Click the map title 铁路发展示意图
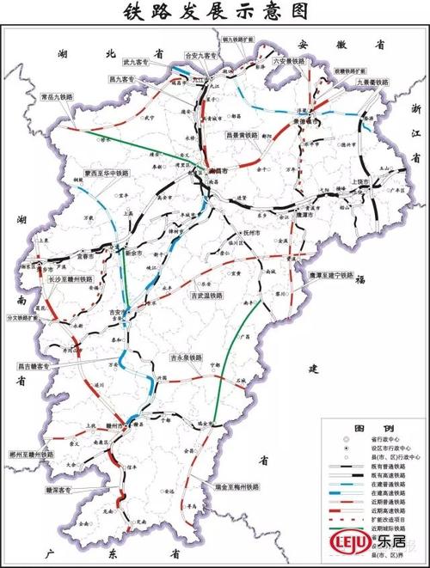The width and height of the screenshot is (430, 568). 215,12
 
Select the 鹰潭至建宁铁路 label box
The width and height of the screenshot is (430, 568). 330,275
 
